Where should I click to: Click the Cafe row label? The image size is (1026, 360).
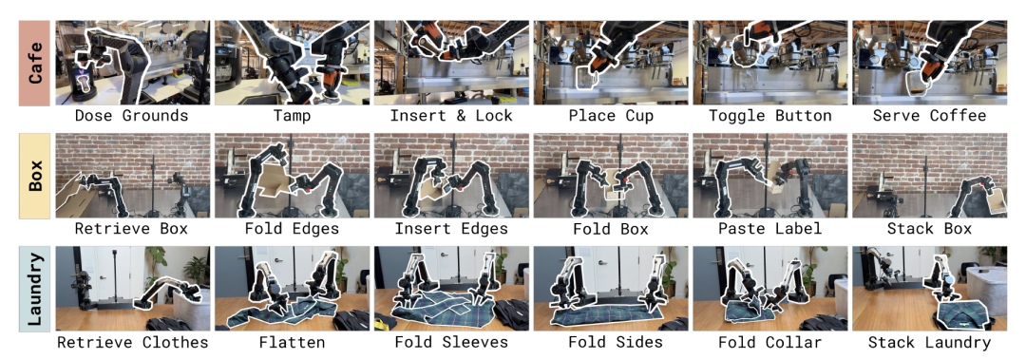click(x=35, y=62)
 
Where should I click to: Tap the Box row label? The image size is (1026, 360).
click(x=35, y=176)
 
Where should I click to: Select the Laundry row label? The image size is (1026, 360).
click(x=35, y=289)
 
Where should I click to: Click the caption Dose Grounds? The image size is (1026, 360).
click(x=131, y=117)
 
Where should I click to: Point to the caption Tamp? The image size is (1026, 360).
click(x=293, y=117)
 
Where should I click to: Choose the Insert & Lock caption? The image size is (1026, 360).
click(x=452, y=117)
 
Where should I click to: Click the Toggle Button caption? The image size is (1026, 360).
click(x=770, y=117)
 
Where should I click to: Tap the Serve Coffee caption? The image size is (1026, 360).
click(x=929, y=117)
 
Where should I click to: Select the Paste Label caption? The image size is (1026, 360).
click(x=770, y=229)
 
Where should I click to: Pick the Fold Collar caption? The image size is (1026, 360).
click(x=770, y=342)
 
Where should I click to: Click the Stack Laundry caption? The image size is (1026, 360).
click(x=929, y=342)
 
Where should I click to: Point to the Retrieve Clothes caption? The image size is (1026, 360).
click(x=132, y=342)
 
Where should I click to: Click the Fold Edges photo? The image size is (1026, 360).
click(x=292, y=176)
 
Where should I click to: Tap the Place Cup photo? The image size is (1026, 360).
click(x=611, y=62)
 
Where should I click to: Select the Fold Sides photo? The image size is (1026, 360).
click(x=611, y=289)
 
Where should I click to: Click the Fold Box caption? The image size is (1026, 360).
click(x=611, y=229)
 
